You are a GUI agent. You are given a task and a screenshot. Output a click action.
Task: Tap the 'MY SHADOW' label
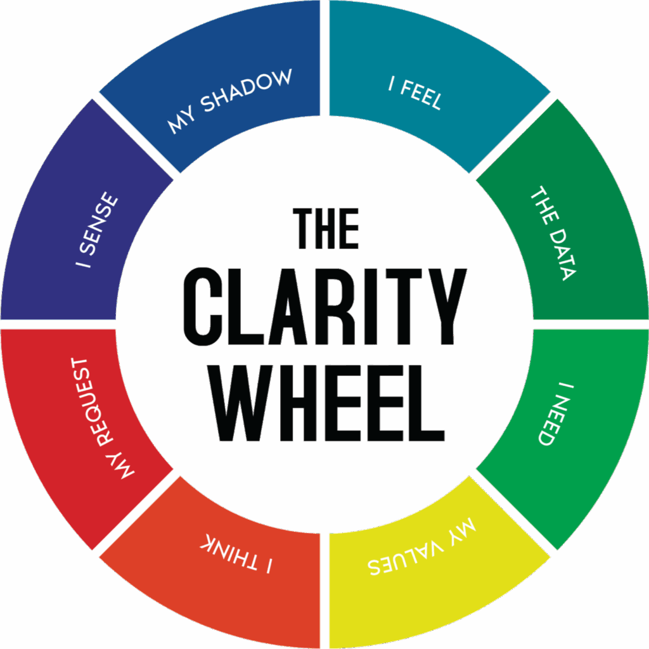coord(230,101)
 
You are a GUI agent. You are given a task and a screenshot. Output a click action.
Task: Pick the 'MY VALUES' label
coord(422,552)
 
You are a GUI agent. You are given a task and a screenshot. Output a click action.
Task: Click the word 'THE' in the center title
coord(327,229)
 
